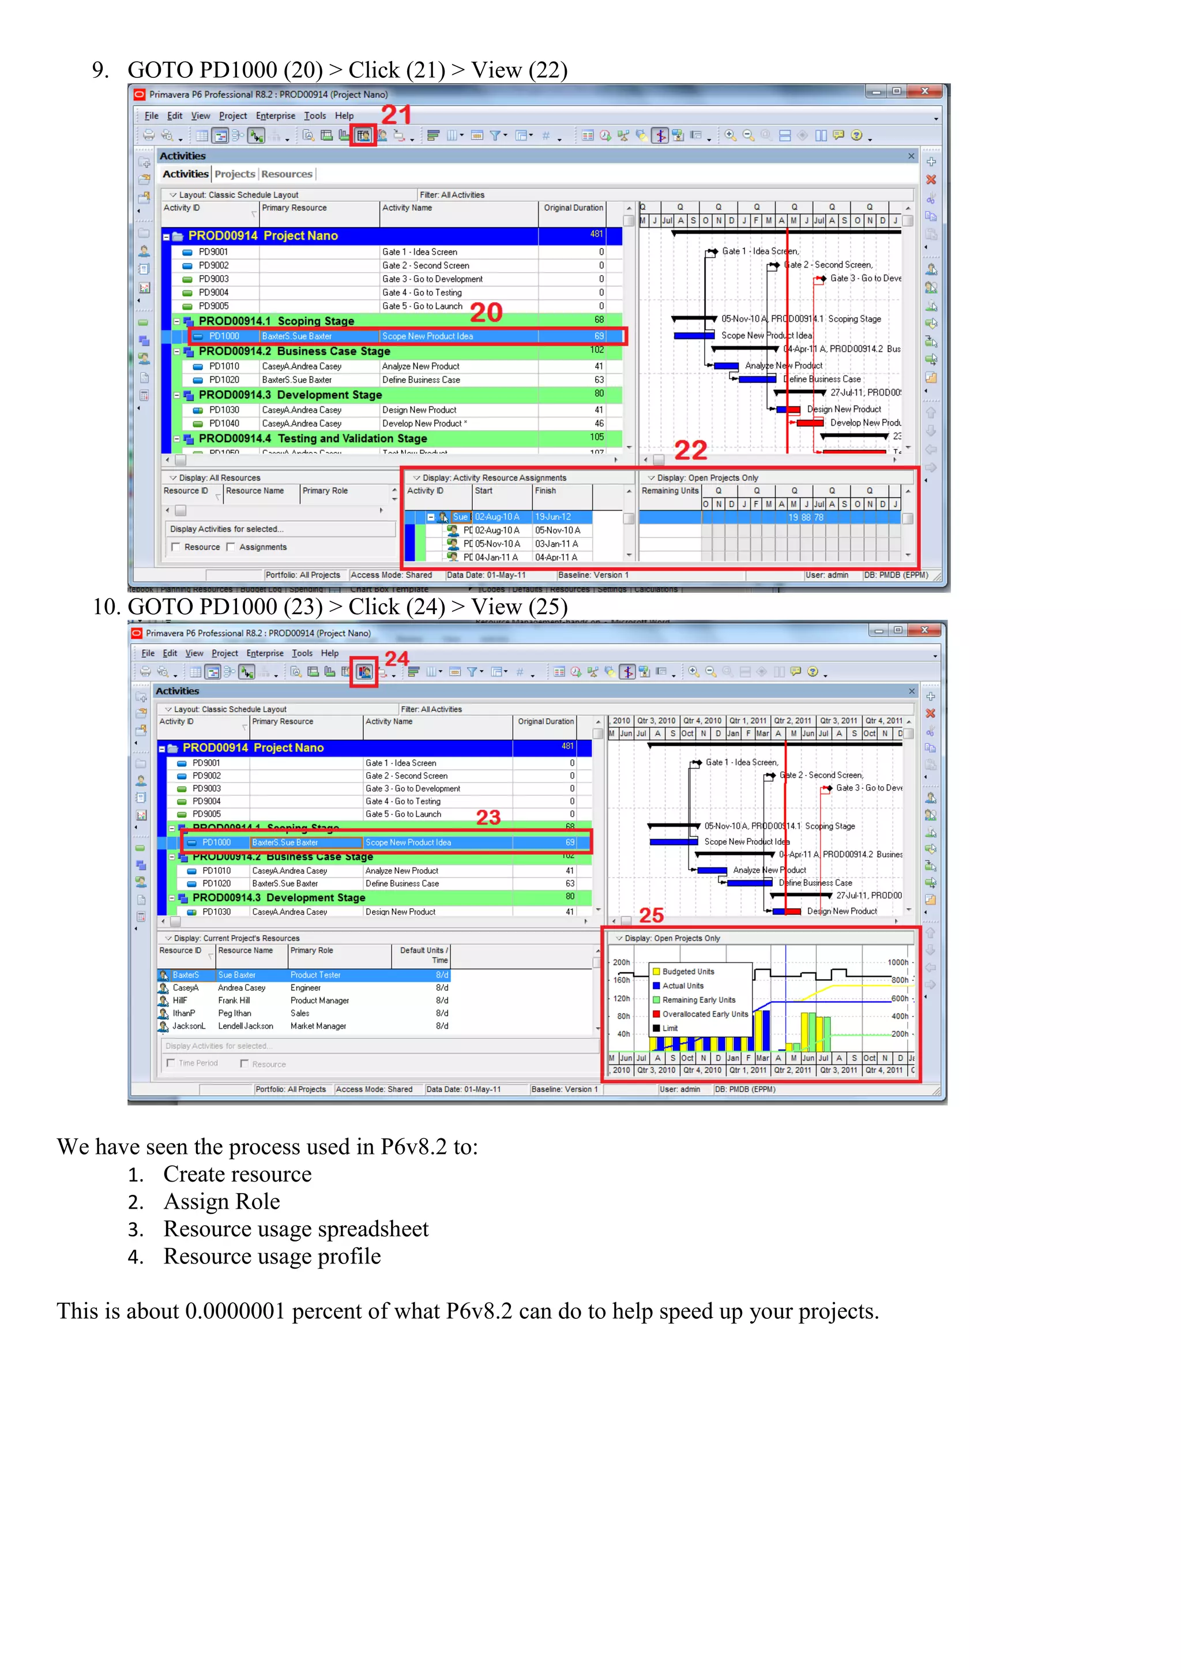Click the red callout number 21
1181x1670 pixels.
[396, 114]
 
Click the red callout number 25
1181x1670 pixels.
[651, 915]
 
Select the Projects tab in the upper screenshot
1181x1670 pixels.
[234, 174]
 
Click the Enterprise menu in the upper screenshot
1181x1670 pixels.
[275, 116]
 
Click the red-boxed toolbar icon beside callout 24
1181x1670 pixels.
[364, 671]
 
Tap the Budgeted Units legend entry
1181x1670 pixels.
[688, 972]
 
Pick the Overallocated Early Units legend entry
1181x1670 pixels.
[704, 1014]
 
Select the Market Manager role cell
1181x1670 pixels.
[318, 1026]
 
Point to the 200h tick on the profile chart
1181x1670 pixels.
[621, 962]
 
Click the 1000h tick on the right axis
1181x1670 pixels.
[897, 962]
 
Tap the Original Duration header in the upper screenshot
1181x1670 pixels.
[573, 208]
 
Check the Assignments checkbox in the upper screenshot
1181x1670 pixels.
[231, 547]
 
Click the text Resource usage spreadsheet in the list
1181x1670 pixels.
[295, 1229]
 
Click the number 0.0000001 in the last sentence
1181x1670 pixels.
[234, 1311]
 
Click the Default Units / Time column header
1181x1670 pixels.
[423, 955]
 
